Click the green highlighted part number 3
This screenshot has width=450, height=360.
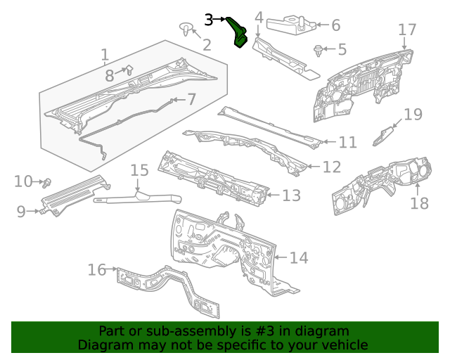pyautogui.click(x=239, y=34)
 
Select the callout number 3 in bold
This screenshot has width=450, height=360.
pyautogui.click(x=209, y=20)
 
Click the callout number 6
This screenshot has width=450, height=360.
pyautogui.click(x=335, y=25)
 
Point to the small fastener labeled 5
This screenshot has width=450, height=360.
pyautogui.click(x=318, y=50)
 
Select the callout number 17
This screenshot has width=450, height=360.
pyautogui.click(x=407, y=30)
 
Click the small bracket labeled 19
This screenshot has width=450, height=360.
pyautogui.click(x=384, y=134)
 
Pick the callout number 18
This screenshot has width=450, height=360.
pyautogui.click(x=419, y=203)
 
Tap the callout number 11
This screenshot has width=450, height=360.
pyautogui.click(x=347, y=143)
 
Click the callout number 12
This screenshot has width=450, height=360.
pyautogui.click(x=331, y=167)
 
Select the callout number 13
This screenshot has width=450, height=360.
pyautogui.click(x=291, y=195)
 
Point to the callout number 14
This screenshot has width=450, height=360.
pyautogui.click(x=299, y=258)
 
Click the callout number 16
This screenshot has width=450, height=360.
pyautogui.click(x=97, y=269)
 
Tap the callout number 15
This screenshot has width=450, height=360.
pyautogui.click(x=140, y=170)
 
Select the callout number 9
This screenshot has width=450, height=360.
pyautogui.click(x=21, y=211)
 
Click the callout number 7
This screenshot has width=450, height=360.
pyautogui.click(x=191, y=100)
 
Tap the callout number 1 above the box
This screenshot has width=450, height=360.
pyautogui.click(x=105, y=54)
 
